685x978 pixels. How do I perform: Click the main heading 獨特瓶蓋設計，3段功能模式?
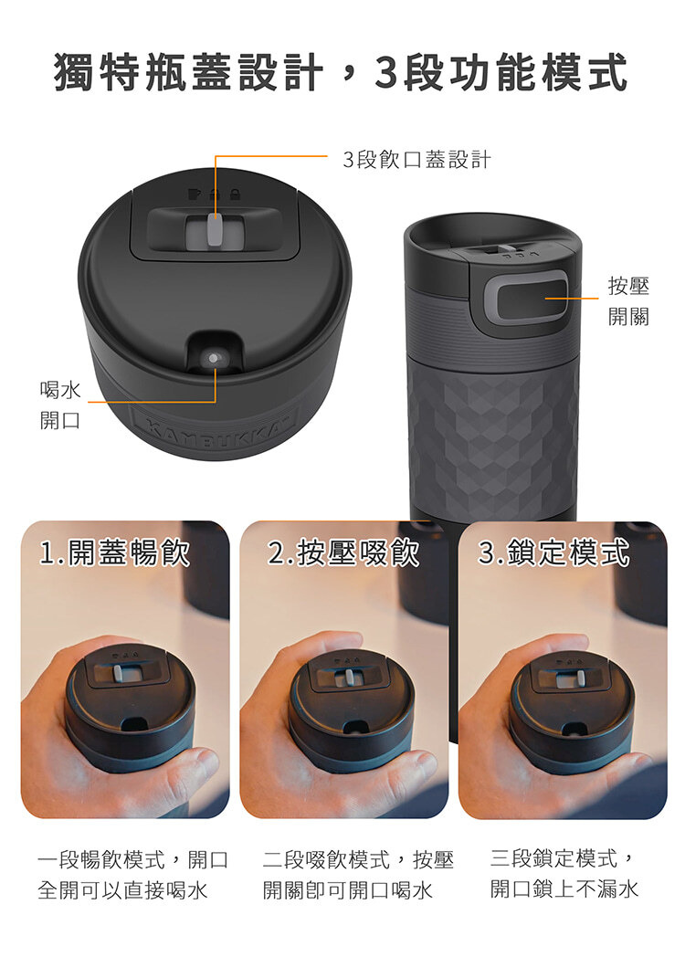(x=341, y=72)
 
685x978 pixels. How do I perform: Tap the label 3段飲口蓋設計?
(x=416, y=160)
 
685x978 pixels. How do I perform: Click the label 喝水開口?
(x=60, y=405)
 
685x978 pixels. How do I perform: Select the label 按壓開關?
(x=628, y=301)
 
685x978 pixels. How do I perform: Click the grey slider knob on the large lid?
(x=216, y=232)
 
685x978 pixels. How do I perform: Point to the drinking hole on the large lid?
(x=214, y=359)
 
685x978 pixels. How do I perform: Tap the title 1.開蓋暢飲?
(x=114, y=552)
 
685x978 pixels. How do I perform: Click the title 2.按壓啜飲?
(x=343, y=552)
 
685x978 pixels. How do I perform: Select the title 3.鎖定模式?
(x=554, y=552)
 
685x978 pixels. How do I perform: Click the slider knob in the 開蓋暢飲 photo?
(x=117, y=673)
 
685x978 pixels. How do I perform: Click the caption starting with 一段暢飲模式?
(x=132, y=874)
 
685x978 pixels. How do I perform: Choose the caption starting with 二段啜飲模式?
(x=357, y=874)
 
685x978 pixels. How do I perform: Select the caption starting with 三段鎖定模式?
(x=564, y=873)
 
